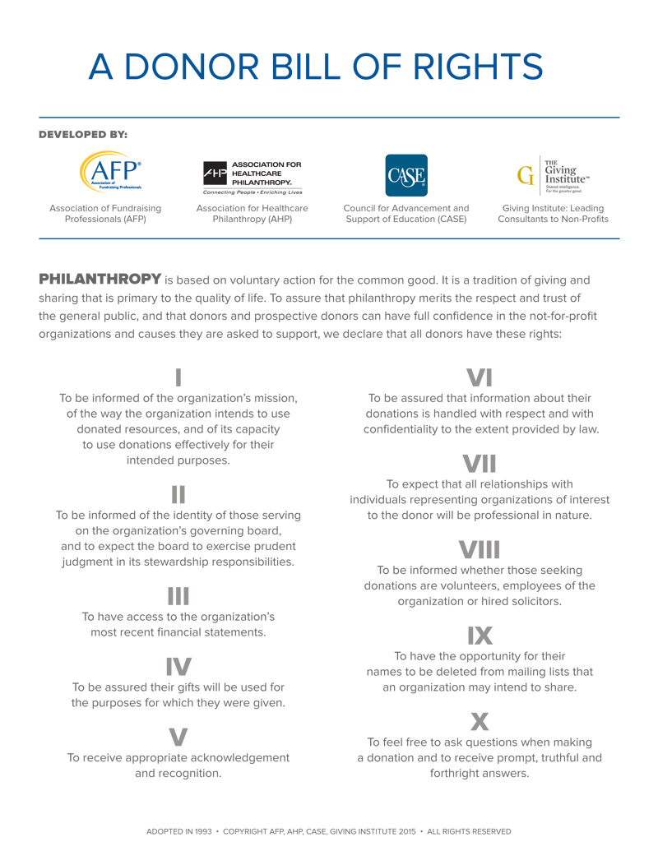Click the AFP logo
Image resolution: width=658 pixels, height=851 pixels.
(x=110, y=172)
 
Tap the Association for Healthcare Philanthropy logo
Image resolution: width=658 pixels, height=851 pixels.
(x=253, y=177)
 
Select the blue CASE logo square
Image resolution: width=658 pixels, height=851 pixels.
(x=406, y=175)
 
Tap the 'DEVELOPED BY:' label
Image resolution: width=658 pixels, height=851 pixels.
(x=83, y=133)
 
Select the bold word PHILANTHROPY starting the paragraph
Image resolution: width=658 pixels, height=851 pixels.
(x=100, y=280)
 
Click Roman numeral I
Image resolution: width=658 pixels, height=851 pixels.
(x=178, y=377)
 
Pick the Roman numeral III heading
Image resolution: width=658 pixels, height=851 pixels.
(x=178, y=596)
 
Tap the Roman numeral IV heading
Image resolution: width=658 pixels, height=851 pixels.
(x=178, y=666)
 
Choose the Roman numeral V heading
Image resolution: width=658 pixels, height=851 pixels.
(x=178, y=737)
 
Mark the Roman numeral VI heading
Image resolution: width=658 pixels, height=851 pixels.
(x=480, y=377)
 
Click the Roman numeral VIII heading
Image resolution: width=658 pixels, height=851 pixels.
(x=480, y=549)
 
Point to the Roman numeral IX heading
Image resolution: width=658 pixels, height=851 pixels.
(x=480, y=636)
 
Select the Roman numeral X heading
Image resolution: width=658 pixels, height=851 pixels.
(x=480, y=721)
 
